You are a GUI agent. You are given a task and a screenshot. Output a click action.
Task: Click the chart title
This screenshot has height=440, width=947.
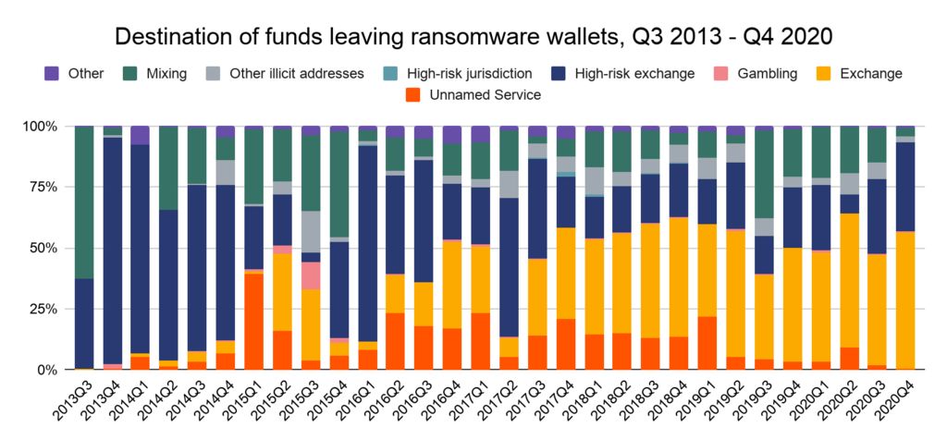[x=473, y=36]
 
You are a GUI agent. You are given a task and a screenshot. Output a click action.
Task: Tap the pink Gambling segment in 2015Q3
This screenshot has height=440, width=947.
[x=310, y=275]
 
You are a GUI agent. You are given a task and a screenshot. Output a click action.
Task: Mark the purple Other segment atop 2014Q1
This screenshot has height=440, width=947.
[x=141, y=135]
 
